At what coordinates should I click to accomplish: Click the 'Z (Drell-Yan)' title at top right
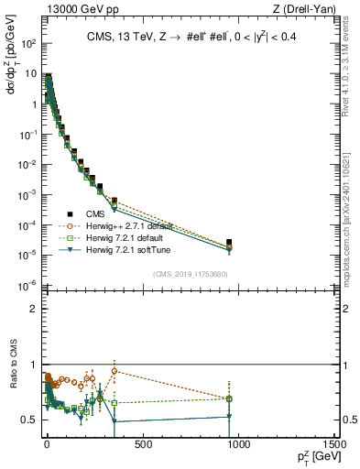[x=306, y=9]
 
